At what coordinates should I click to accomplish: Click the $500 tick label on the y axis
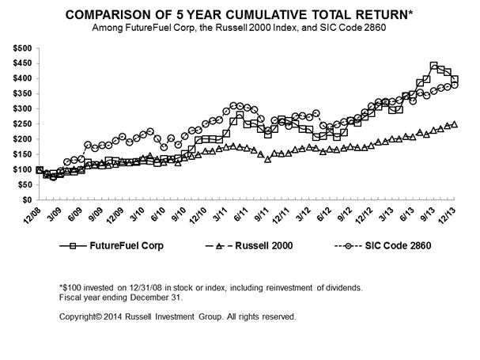point(21,48)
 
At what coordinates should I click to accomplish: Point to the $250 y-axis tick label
point(21,124)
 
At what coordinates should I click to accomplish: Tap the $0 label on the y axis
point(26,200)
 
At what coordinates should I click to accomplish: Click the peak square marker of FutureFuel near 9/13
point(434,66)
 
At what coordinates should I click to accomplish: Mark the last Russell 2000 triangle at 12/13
point(455,124)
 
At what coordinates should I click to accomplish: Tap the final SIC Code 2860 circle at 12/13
point(455,85)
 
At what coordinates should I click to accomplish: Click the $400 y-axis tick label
point(21,79)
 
